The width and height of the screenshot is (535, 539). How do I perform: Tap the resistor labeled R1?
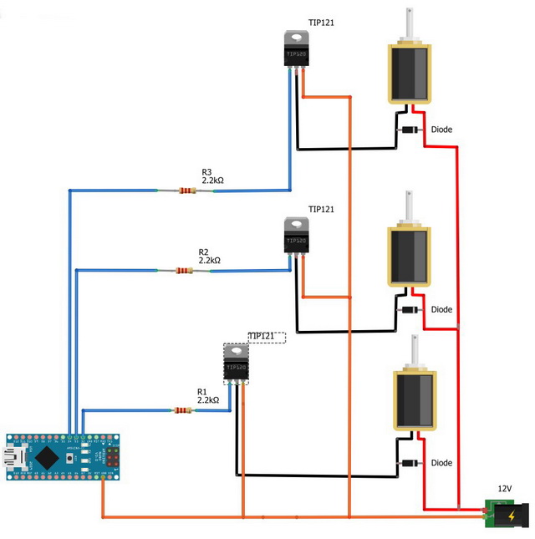click(182, 410)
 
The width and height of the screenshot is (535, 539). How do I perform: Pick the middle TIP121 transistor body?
click(296, 236)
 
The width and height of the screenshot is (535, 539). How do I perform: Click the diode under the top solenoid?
click(410, 130)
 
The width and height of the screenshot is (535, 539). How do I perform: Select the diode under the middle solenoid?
click(409, 310)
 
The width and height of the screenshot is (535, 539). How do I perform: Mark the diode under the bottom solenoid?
click(410, 463)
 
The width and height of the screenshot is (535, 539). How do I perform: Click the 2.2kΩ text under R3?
click(212, 180)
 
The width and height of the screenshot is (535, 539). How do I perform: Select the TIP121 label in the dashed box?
click(262, 336)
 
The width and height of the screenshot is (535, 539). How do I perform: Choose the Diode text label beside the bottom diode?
click(441, 463)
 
